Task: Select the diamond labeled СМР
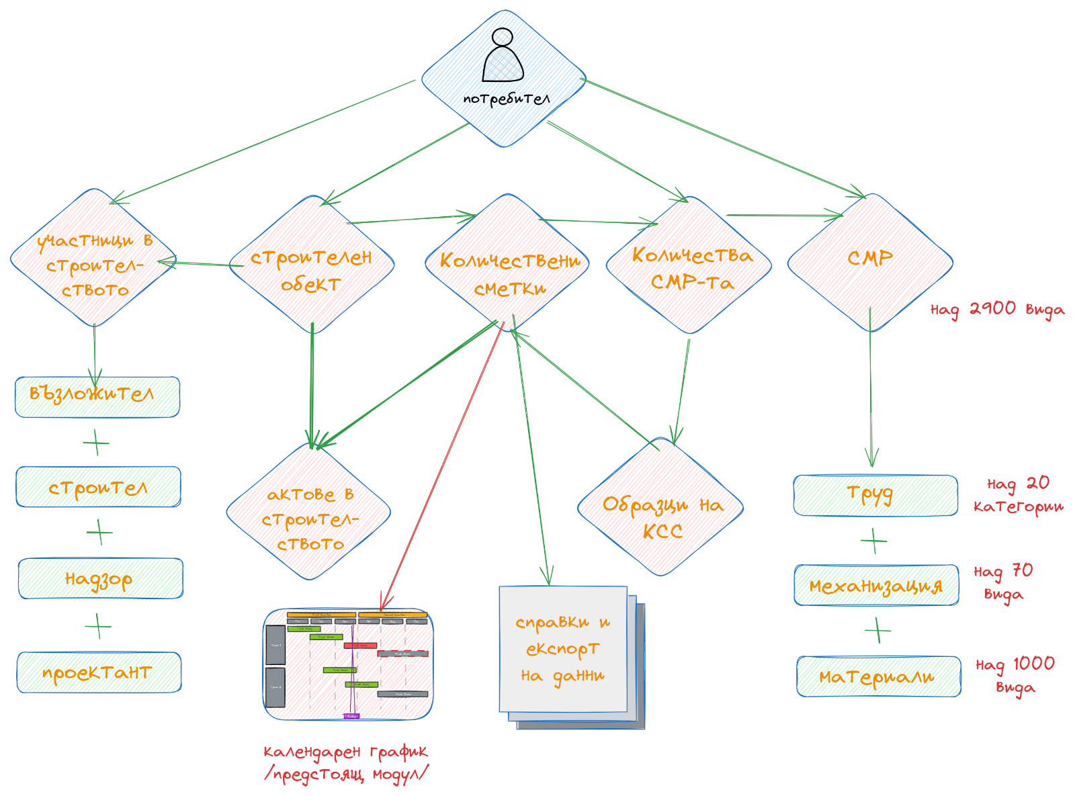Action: (870, 262)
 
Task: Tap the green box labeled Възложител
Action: (97, 397)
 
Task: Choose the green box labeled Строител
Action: (99, 486)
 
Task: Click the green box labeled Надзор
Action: (100, 578)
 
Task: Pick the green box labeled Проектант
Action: (99, 672)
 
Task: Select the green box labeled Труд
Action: (875, 496)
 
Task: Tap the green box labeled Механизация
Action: (877, 586)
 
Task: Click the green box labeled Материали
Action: (879, 676)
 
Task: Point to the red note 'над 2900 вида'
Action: (997, 310)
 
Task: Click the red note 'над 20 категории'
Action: (1019, 494)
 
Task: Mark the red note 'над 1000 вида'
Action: (1015, 674)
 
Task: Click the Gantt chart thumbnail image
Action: (348, 664)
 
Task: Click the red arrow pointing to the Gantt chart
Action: (443, 463)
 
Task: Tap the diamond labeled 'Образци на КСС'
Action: (660, 508)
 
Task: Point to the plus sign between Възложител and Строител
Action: (96, 443)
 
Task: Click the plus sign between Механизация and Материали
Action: (877, 631)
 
